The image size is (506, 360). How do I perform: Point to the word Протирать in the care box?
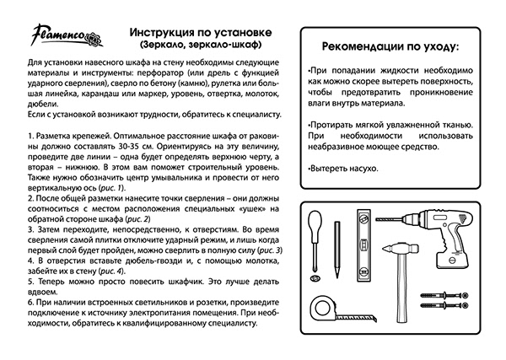click(x=335, y=124)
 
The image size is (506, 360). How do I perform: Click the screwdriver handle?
click(x=314, y=223)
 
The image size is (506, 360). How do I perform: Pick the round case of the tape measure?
click(x=326, y=311)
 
